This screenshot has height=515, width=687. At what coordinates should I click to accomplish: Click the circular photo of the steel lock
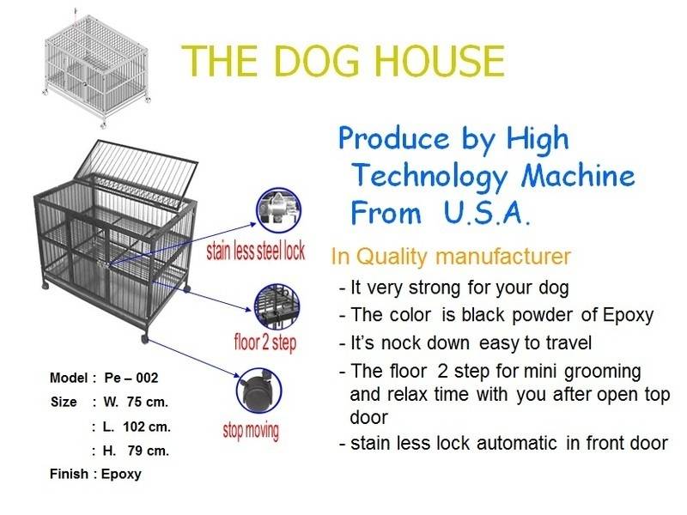[x=278, y=211]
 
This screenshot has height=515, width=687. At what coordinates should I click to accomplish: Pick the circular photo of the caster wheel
[x=258, y=391]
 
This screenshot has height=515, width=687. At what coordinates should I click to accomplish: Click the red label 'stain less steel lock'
[x=255, y=251]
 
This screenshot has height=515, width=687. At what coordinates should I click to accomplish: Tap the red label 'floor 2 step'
[x=265, y=342]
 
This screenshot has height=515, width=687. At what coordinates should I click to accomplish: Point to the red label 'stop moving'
[x=251, y=430]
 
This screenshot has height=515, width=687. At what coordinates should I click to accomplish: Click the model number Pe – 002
[x=131, y=378]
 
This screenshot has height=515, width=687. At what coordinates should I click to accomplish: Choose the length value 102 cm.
[x=147, y=427]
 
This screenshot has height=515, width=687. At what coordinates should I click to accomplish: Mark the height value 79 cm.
[x=149, y=451]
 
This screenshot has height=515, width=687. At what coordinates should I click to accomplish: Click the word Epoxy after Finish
[x=121, y=475]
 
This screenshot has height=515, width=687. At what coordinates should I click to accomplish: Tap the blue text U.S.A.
[x=487, y=212]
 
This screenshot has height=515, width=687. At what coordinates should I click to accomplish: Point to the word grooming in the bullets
[x=603, y=373]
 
